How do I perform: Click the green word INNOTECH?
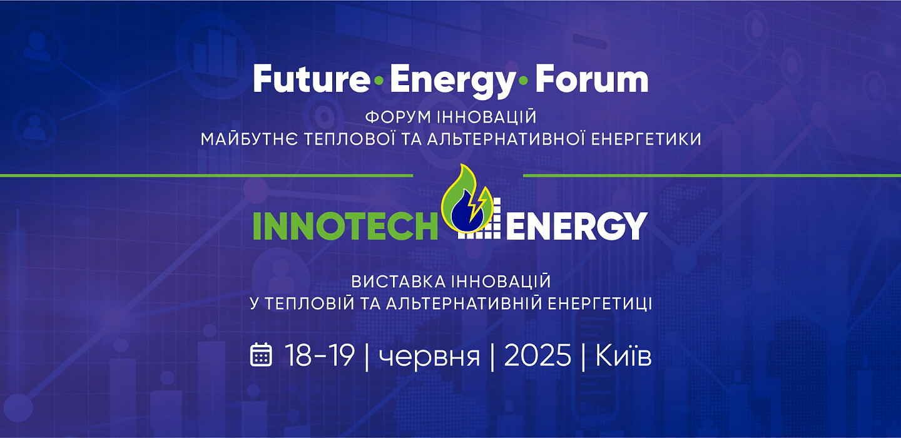click(x=345, y=226)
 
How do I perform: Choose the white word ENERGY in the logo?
click(x=577, y=226)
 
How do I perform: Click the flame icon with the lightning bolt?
click(x=467, y=199)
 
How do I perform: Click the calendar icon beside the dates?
click(x=261, y=355)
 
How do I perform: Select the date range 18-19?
click(x=320, y=355)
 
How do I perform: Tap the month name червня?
click(x=430, y=357)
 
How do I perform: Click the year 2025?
click(x=537, y=355)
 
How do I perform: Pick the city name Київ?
click(x=623, y=355)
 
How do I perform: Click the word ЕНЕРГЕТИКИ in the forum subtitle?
click(x=647, y=139)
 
